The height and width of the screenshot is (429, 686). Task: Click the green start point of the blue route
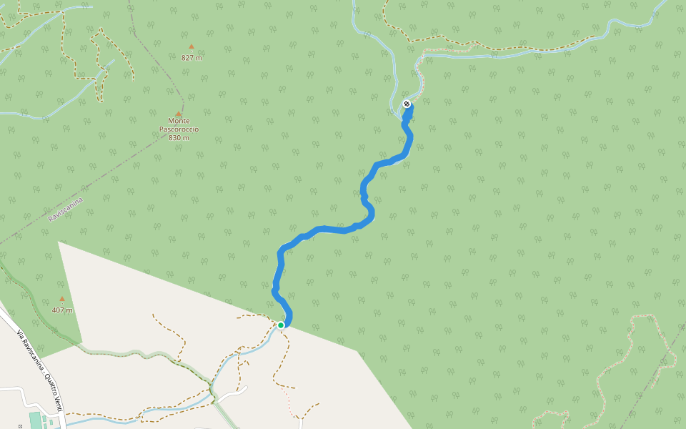(x=281, y=325)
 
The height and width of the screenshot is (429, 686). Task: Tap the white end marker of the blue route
(x=407, y=104)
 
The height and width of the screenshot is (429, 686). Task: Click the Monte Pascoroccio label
(x=179, y=125)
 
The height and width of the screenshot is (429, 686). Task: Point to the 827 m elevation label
(x=192, y=58)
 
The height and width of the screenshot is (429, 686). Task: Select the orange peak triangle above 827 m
(x=191, y=47)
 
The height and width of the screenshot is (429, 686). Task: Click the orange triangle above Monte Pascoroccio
(x=179, y=113)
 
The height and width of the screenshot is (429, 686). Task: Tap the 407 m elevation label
(x=62, y=310)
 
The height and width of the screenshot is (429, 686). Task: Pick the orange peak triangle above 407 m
(x=62, y=299)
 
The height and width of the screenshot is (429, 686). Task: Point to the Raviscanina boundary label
(x=66, y=209)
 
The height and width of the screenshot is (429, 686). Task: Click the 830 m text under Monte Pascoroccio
(x=179, y=138)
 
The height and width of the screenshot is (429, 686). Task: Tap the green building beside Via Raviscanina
(x=36, y=420)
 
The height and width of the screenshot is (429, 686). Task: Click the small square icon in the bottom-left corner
(x=20, y=426)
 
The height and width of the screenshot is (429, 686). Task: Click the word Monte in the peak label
(x=179, y=121)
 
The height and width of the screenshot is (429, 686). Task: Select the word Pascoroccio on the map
(x=179, y=129)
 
